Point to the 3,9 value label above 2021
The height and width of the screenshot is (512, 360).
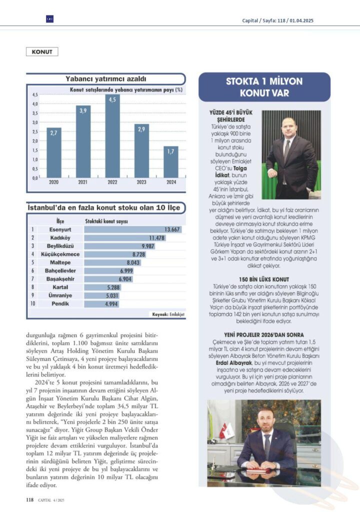(83, 110)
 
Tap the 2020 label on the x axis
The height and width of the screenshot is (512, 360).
(54, 183)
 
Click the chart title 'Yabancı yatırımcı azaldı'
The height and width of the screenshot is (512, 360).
(105, 79)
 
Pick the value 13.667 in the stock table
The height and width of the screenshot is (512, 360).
(172, 230)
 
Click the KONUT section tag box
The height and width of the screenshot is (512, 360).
(42, 51)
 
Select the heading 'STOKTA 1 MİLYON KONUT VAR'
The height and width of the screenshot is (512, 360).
(264, 87)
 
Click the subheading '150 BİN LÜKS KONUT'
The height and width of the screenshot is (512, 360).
(264, 279)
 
